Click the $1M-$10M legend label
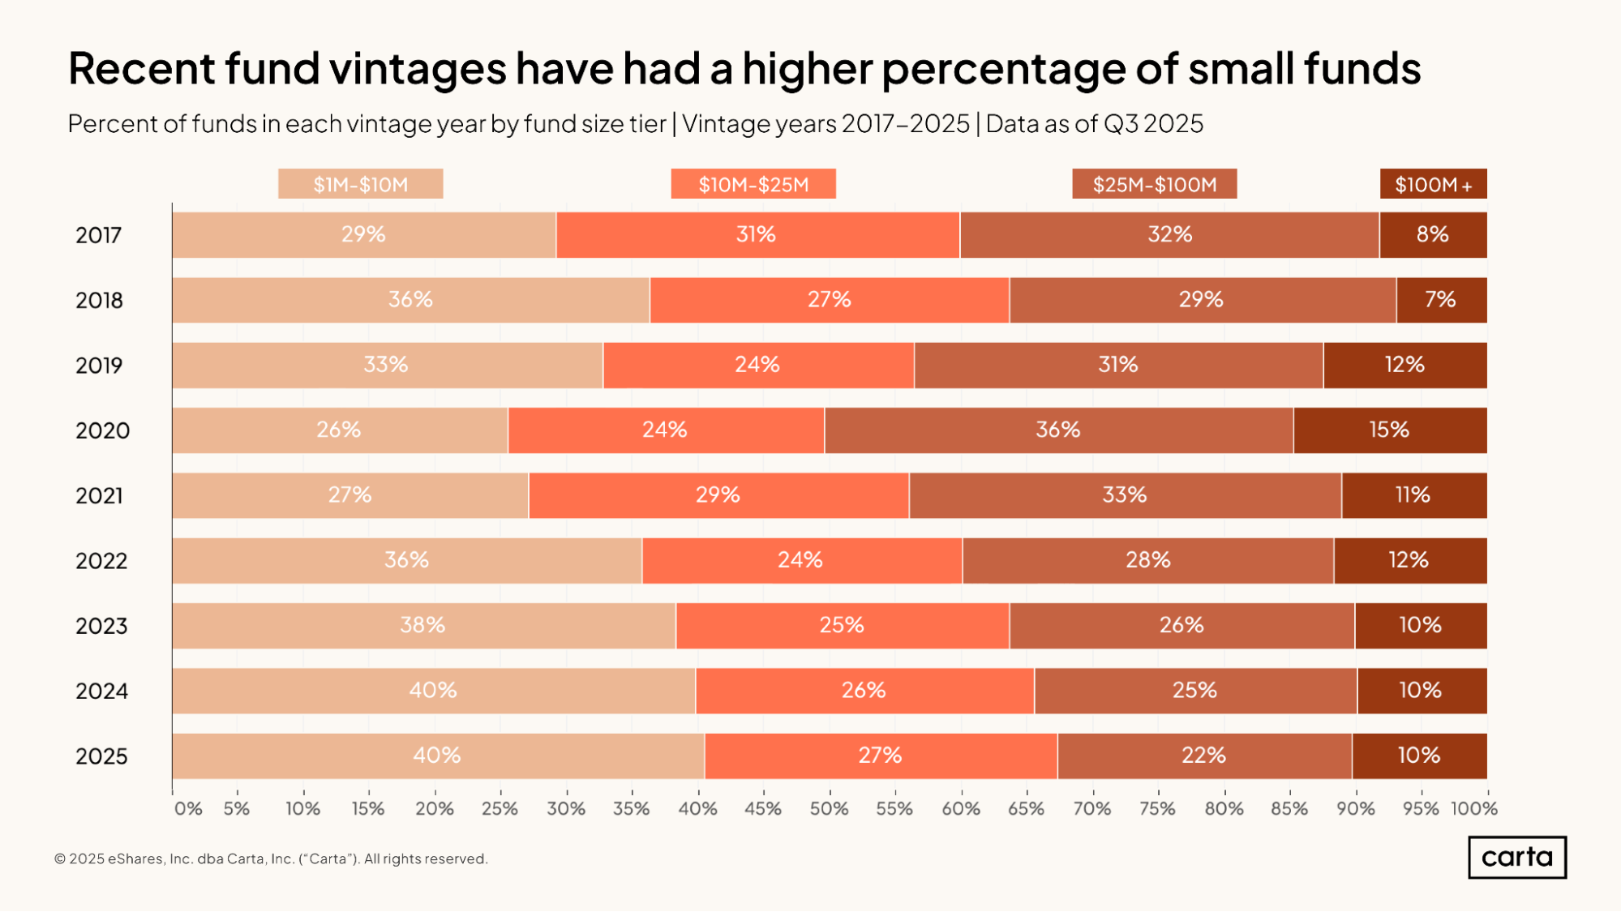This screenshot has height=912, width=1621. [360, 184]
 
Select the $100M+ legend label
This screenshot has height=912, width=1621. [1433, 184]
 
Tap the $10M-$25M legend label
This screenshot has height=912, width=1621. [753, 184]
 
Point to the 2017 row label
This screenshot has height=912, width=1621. [98, 235]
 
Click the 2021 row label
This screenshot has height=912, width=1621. [99, 495]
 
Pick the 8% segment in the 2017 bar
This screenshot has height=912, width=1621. [1433, 235]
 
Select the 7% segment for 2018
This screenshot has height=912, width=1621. [1441, 300]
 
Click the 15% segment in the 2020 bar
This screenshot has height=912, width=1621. [1390, 430]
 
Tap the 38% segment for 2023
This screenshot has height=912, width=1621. [423, 625]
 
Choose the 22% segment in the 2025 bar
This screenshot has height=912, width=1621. [1204, 756]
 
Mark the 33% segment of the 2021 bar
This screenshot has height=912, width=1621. [1125, 495]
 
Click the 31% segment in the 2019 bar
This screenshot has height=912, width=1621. [1118, 365]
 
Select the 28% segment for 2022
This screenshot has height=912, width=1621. [1148, 560]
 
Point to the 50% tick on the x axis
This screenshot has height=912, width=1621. [829, 808]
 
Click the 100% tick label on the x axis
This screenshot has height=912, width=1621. [1473, 808]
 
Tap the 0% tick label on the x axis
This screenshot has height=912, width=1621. [188, 808]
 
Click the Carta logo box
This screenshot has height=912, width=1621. [1516, 857]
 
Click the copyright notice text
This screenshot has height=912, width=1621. [271, 858]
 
